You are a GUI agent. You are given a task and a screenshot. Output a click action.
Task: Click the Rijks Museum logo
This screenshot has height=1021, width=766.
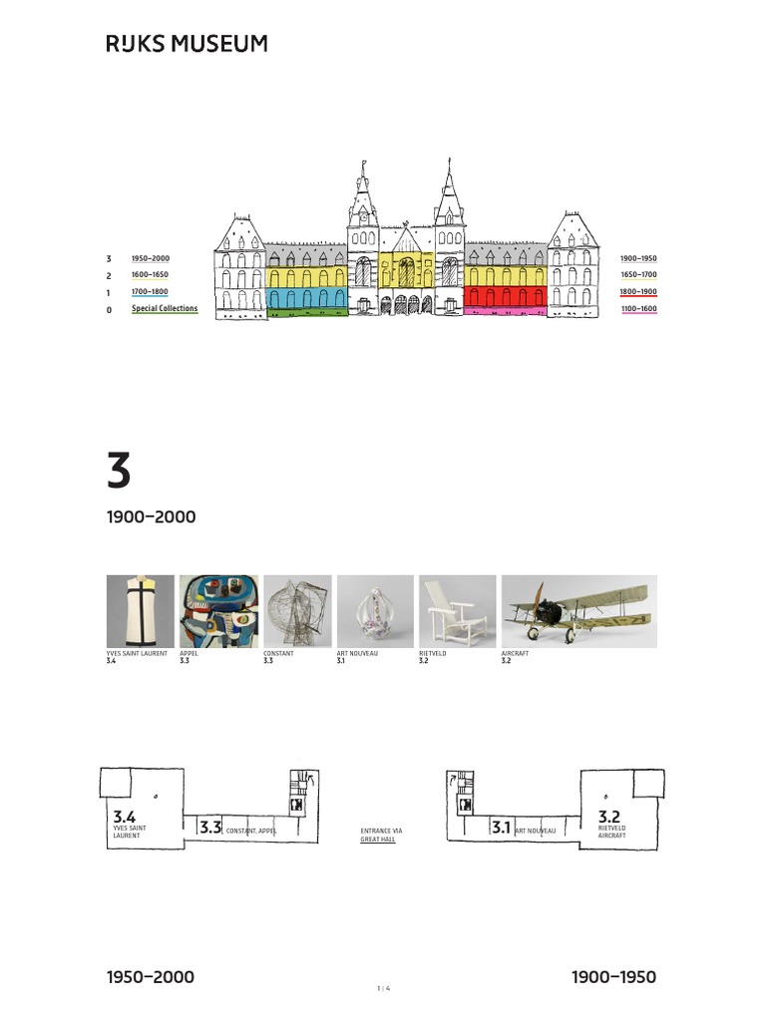(x=187, y=44)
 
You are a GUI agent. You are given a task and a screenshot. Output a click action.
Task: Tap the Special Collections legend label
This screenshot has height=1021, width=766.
(x=165, y=309)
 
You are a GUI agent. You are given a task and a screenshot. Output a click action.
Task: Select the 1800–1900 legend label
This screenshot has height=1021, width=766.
(x=638, y=292)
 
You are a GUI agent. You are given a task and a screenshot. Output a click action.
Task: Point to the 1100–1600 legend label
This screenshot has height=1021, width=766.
(x=638, y=309)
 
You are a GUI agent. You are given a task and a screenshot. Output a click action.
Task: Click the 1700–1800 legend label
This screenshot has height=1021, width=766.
(x=150, y=292)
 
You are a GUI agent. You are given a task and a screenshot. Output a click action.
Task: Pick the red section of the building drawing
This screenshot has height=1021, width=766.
(x=506, y=297)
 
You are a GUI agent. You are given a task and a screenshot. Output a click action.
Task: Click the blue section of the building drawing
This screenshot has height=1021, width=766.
(x=307, y=297)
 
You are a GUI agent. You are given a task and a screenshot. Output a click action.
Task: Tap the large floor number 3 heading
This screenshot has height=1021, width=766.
(x=119, y=471)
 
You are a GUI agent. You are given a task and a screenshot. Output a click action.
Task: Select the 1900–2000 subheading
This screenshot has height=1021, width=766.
(x=151, y=517)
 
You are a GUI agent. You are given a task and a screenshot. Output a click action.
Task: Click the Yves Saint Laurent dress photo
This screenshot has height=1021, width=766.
(x=140, y=611)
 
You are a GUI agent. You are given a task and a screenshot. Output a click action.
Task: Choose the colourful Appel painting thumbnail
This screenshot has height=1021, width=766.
(x=218, y=611)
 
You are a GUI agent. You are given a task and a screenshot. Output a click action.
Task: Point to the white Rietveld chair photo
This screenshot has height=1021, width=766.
(x=457, y=611)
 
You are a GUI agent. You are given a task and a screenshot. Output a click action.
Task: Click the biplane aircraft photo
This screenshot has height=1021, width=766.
(x=578, y=611)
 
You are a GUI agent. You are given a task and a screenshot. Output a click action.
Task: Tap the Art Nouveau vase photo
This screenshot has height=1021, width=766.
(x=375, y=611)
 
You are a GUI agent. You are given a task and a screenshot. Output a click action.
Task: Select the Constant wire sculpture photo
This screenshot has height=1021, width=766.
(x=297, y=611)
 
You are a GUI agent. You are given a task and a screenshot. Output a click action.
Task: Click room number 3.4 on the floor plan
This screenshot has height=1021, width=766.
(x=125, y=818)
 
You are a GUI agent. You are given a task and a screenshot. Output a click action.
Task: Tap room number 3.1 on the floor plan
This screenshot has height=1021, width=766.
(x=501, y=828)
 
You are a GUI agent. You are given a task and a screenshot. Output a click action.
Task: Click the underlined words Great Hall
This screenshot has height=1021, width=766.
(x=378, y=840)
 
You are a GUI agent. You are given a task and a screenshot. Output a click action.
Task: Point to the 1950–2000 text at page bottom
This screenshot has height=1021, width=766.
(x=151, y=977)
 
